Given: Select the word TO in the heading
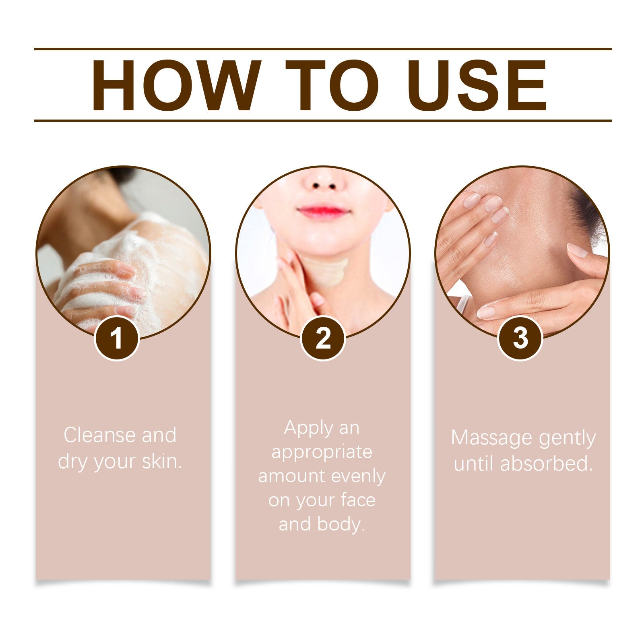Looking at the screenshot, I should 332,85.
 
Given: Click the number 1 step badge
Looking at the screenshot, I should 117,338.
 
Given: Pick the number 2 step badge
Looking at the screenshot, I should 323,338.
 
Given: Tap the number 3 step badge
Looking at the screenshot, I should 520,338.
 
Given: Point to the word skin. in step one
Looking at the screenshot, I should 163,461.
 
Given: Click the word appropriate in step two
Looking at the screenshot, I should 322,452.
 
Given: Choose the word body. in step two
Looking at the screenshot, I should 341,524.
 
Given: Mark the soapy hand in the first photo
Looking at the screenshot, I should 101,290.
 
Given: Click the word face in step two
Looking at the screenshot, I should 358,500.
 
